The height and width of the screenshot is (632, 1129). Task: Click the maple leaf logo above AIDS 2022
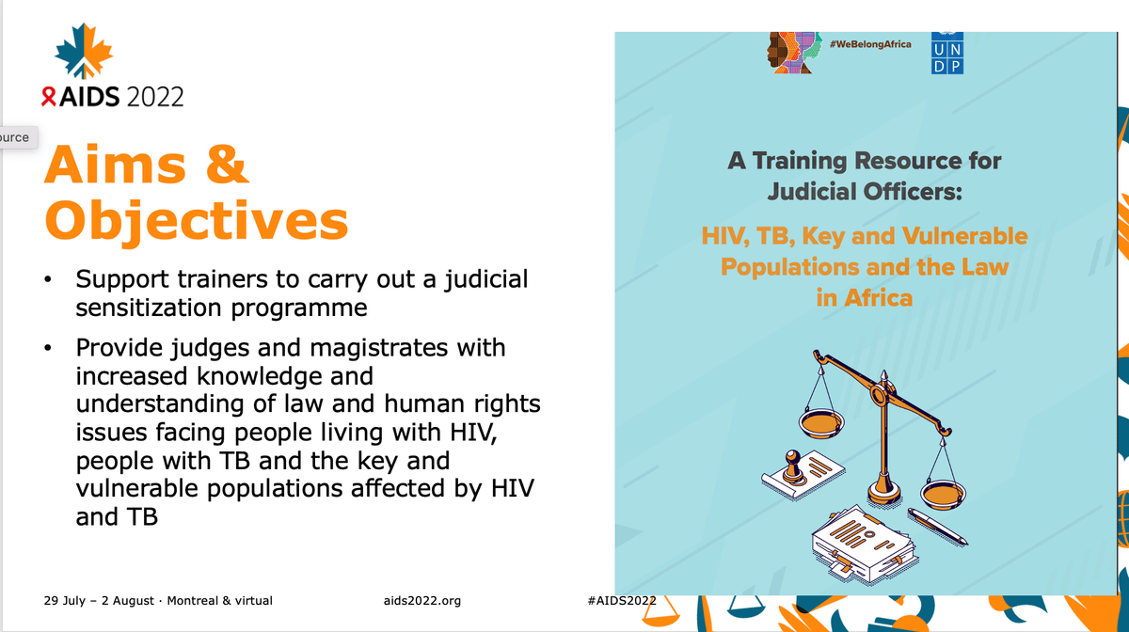pos(84,51)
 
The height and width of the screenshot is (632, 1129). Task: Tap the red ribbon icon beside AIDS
pos(48,96)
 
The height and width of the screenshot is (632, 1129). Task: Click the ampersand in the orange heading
pos(228,164)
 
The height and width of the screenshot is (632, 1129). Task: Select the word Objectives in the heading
pos(197,221)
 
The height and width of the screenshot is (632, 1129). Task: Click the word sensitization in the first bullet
pos(149,308)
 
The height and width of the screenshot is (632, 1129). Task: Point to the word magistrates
pos(378,347)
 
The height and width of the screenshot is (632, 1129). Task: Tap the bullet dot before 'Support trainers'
pos(48,279)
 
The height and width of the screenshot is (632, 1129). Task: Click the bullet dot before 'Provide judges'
pos(48,348)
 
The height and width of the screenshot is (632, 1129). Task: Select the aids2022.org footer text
pos(422,601)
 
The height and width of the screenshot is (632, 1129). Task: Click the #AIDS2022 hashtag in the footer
pos(622,600)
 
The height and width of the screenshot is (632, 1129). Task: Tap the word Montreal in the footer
pos(192,600)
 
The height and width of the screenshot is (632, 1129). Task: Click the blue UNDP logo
pos(947,53)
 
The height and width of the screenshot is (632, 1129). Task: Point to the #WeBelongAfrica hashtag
pos(870,44)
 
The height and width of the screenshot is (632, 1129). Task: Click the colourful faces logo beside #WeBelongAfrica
pos(794,53)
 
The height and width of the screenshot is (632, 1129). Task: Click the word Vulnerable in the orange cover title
pos(965,236)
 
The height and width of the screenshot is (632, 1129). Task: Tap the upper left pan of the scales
pos(821,423)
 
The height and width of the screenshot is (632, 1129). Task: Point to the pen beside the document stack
pos(938,527)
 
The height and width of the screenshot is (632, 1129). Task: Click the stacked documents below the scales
pos(865,545)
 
